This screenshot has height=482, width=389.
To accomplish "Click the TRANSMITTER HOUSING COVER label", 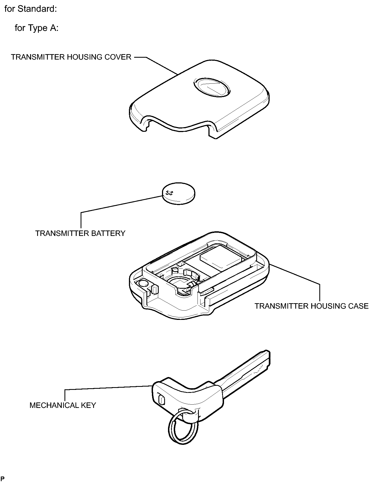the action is coord(71,57).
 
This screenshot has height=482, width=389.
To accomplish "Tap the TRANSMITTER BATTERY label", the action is coord(80,233).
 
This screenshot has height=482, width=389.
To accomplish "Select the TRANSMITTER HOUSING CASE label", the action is coord(312,306).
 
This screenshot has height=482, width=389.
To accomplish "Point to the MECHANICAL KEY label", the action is coord(63,405).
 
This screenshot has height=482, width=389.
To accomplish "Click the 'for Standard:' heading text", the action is coord(31,9).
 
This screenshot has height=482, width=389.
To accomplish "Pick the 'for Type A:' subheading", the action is coord(37,28).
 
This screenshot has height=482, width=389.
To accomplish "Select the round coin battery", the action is coord(179,193).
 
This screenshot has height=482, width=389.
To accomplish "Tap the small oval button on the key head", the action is coord(161,400).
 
